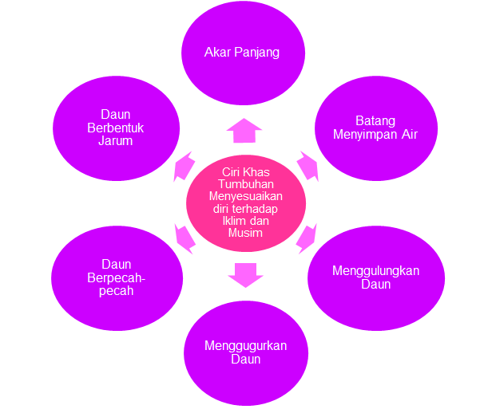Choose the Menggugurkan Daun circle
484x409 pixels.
click(245, 352)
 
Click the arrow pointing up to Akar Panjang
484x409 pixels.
click(244, 130)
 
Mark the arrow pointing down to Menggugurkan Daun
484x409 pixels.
click(245, 273)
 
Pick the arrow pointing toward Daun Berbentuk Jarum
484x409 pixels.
click(184, 166)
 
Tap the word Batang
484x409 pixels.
click(375, 121)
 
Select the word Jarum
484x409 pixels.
click(117, 141)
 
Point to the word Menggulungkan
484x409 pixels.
click(375, 270)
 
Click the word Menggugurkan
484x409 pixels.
click(245, 345)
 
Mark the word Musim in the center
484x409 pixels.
click(245, 234)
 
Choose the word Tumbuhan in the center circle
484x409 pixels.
click(245, 184)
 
